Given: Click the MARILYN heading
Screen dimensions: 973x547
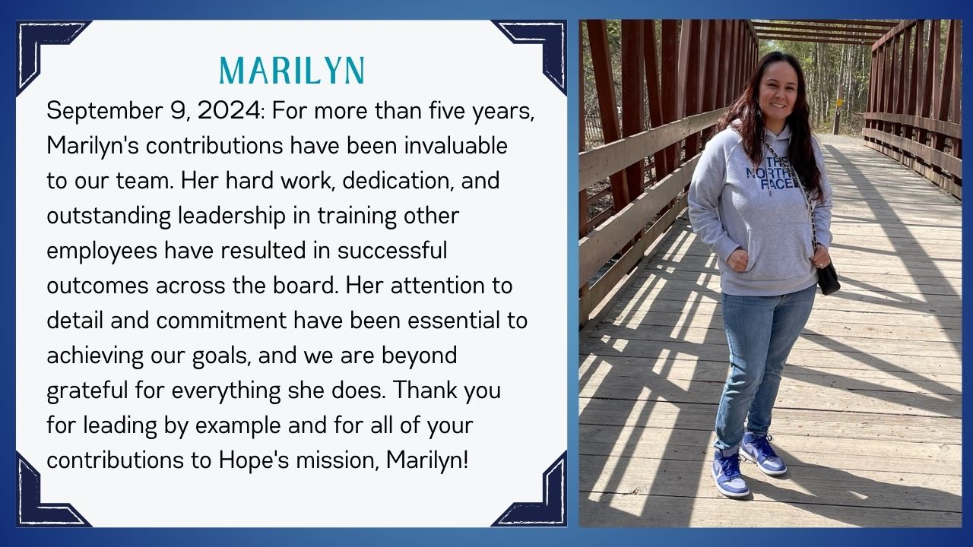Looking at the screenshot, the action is pos(292,71).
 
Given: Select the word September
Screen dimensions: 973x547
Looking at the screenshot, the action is pos(103,112).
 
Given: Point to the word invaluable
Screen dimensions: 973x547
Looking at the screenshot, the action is pos(455,145).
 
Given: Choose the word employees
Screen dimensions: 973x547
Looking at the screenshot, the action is pos(102,251).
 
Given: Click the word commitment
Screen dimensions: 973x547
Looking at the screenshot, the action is pos(221,321).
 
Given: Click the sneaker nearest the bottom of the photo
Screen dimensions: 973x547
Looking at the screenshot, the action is pos(731,475).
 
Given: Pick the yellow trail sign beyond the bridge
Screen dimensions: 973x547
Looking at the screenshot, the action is pos(839,103).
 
